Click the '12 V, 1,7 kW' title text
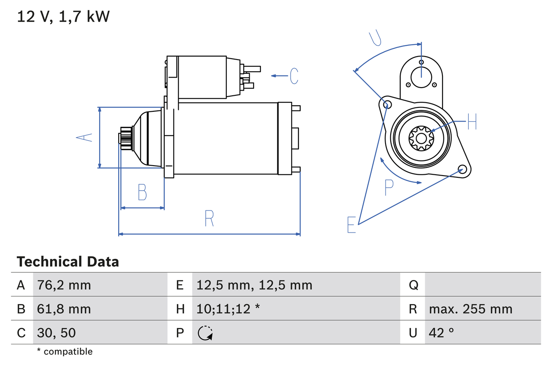coord(63,17)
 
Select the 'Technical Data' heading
coord(68,262)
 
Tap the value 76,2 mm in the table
coord(64,285)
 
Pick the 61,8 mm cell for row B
coord(64,309)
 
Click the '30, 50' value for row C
coord(56,333)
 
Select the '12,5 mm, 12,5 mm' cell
coord(254,285)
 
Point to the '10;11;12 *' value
coord(228,309)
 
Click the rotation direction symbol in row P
coord(205,333)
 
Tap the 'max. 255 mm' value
coord(470,309)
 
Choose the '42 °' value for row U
coord(442,333)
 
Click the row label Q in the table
coord(413,285)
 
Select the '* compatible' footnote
coord(65,352)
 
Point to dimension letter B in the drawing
coord(142,192)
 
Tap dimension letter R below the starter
coord(209,218)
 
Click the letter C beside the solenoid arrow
coord(294,76)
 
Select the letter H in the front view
coord(472,122)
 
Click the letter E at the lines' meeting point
coord(351,225)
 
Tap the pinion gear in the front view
coord(421,138)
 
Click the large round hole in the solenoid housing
coord(421,76)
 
